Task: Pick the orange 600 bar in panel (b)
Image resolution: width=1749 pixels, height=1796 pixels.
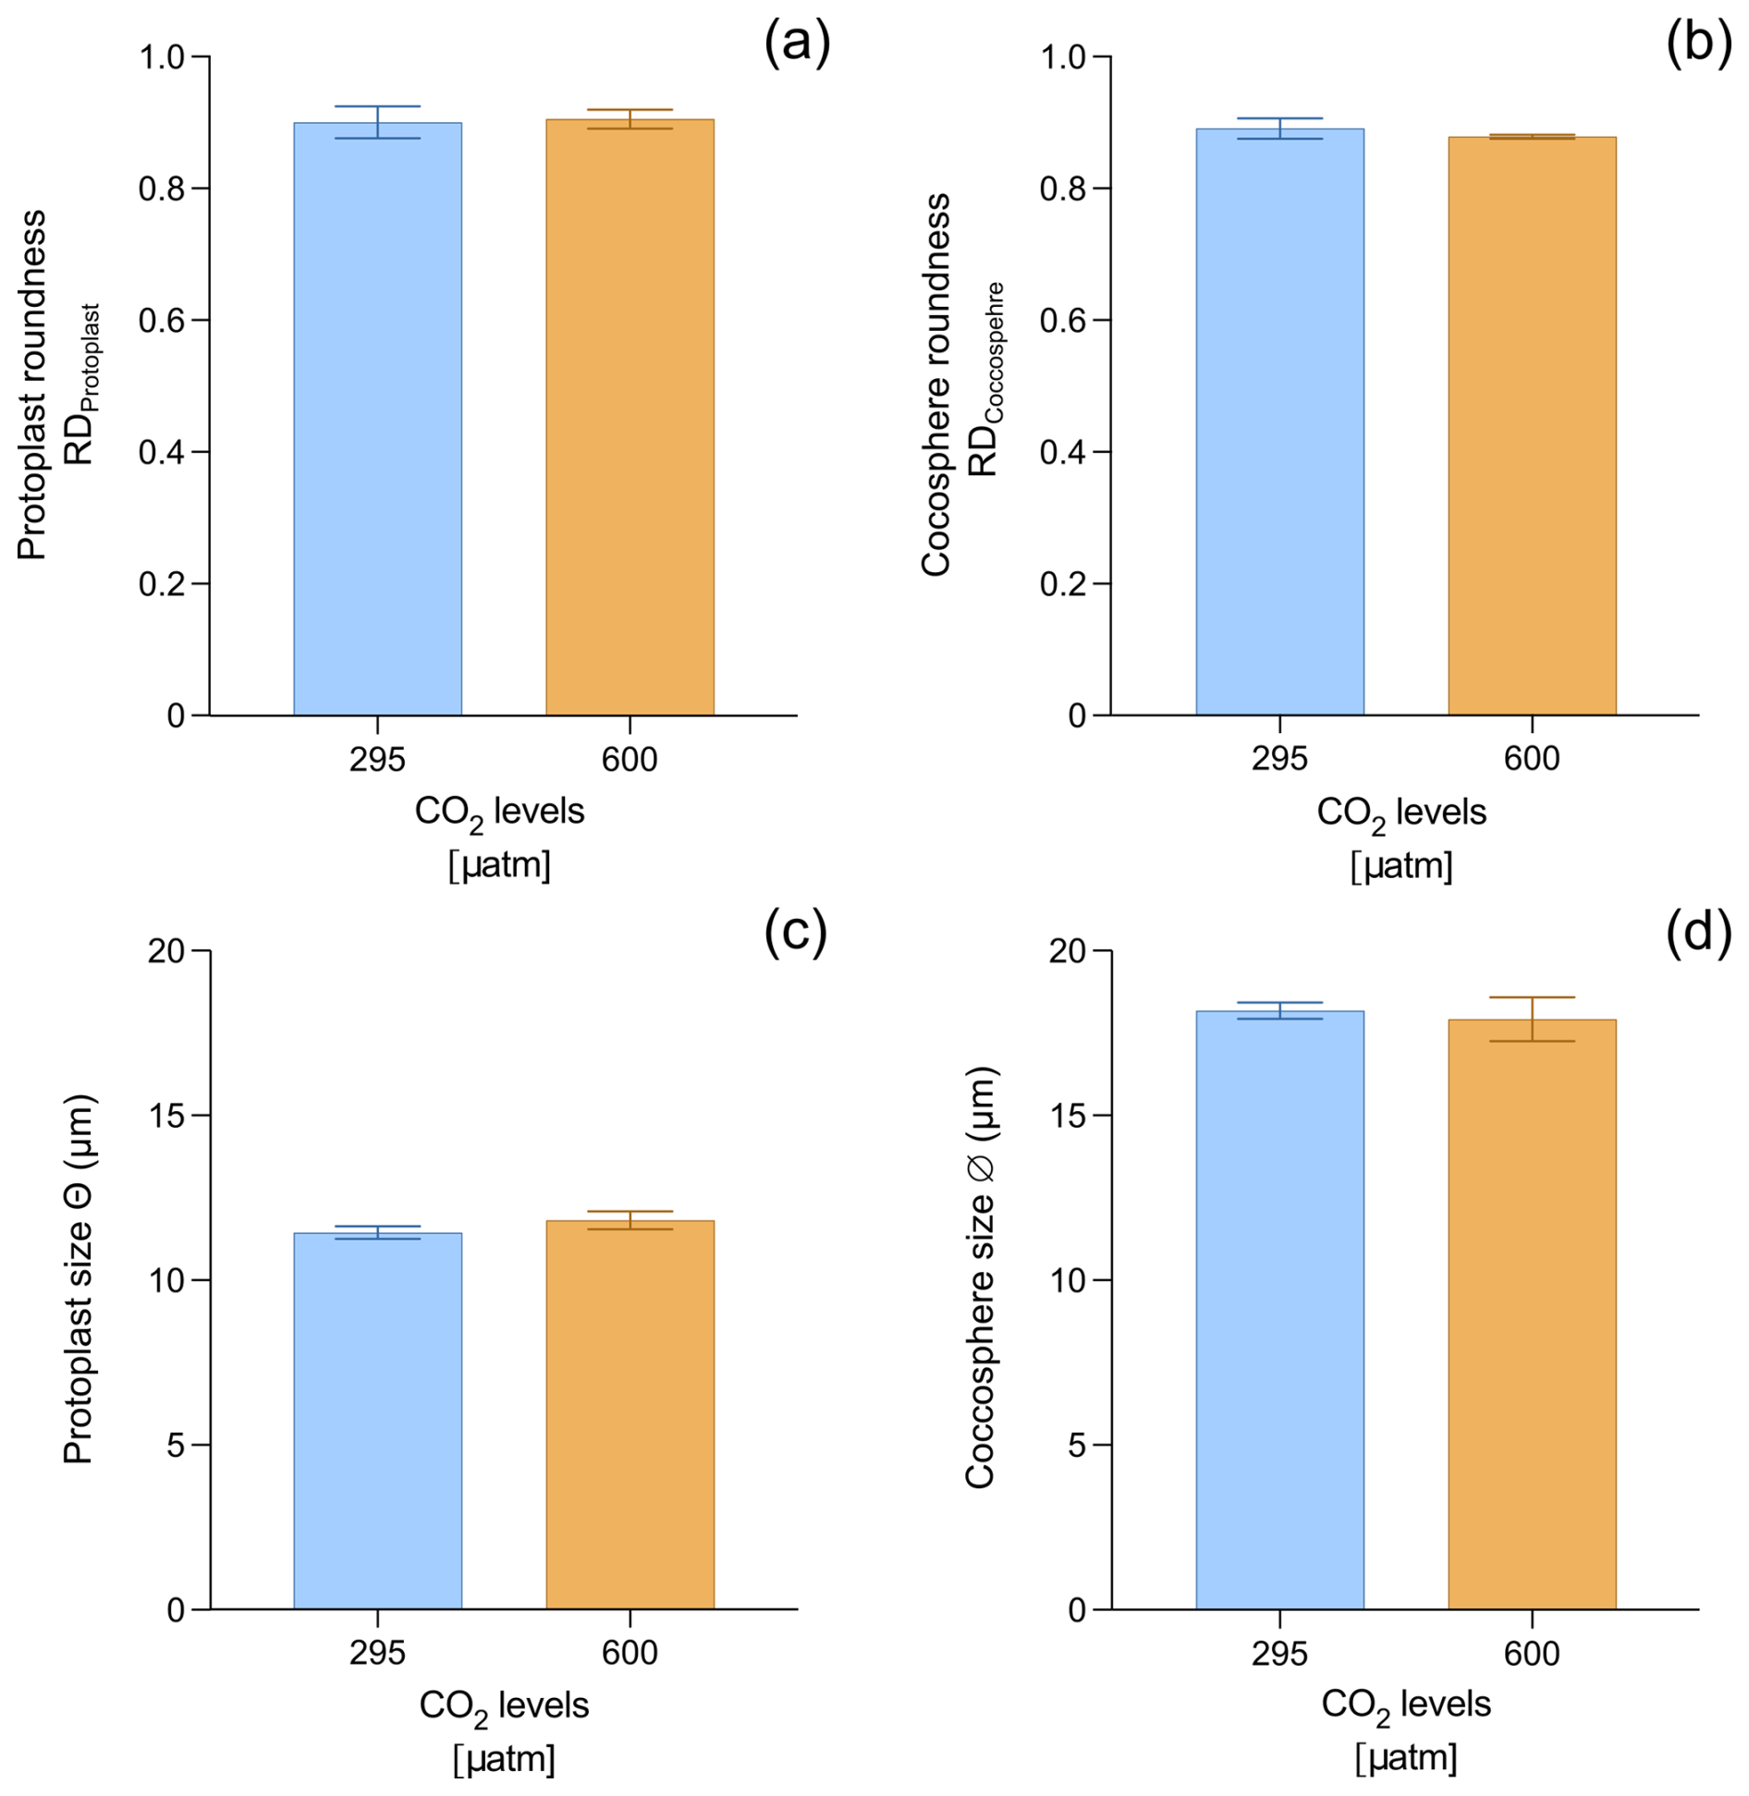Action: tap(1532, 426)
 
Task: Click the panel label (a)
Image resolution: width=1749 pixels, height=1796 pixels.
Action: tap(797, 43)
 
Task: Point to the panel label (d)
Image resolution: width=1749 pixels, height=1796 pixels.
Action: tap(1698, 934)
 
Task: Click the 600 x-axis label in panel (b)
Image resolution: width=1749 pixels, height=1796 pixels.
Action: tap(1532, 759)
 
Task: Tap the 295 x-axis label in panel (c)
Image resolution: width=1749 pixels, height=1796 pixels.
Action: tap(377, 1654)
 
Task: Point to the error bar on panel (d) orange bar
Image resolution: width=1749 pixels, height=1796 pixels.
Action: tap(1532, 1019)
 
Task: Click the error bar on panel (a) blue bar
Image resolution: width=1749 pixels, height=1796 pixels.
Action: tap(377, 122)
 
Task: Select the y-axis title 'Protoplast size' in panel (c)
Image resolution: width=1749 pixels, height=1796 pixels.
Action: tap(79, 1280)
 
